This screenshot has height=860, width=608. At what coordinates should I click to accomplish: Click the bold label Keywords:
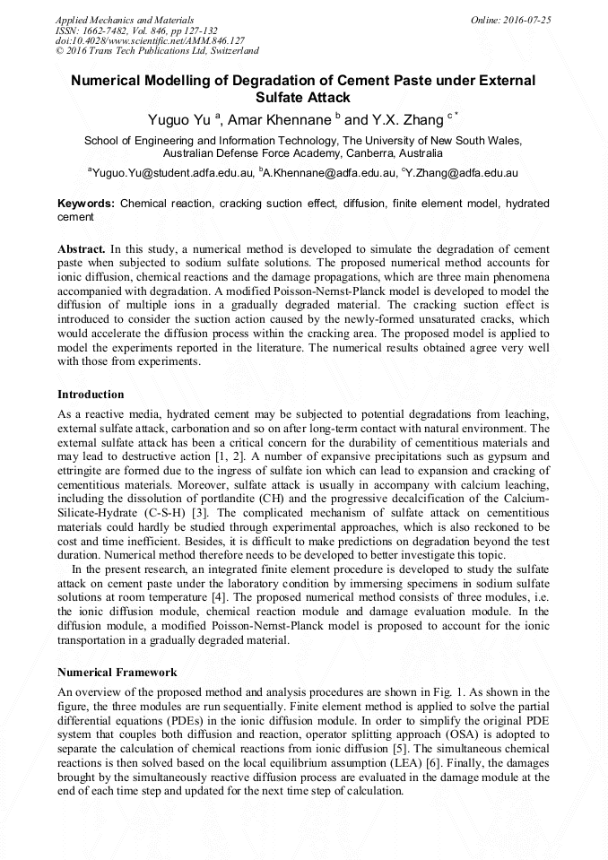point(86,204)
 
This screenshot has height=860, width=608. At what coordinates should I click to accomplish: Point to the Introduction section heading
point(91,395)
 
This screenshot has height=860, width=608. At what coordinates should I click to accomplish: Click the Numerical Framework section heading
point(117,672)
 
